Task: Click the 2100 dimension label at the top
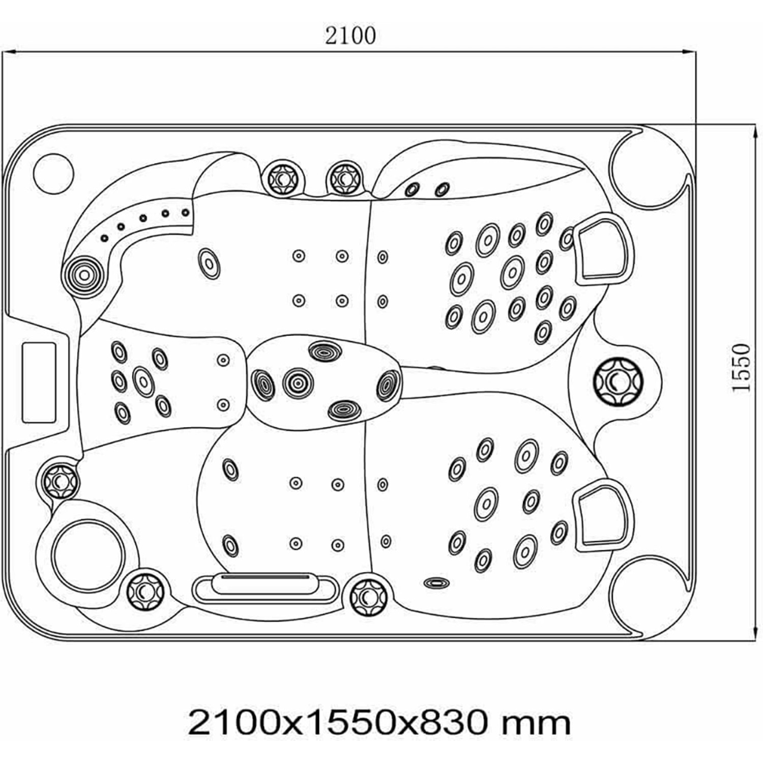click(x=350, y=36)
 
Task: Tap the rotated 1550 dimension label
click(x=741, y=367)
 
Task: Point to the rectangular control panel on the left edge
click(x=39, y=382)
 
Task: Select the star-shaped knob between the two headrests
click(x=618, y=382)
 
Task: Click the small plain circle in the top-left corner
click(x=53, y=173)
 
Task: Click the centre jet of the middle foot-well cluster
click(x=298, y=383)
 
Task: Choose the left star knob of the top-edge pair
click(x=281, y=178)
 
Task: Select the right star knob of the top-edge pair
click(x=345, y=178)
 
